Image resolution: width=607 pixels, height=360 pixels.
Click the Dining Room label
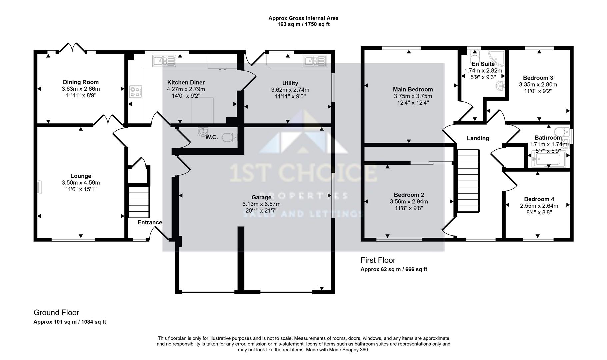[x=81, y=82]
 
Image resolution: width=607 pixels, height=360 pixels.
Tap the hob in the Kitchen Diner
[x=136, y=91]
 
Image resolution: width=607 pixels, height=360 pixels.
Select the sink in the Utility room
[x=314, y=61]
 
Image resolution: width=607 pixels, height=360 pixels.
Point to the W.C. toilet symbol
[x=230, y=137]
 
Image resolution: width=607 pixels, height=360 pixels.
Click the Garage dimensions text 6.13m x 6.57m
[x=261, y=204]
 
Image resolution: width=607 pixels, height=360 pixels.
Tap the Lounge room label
[x=81, y=176]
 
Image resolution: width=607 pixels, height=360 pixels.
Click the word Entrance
[x=150, y=222]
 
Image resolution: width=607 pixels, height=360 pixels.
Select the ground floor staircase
[x=138, y=202]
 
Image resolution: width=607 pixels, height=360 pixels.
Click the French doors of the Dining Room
[x=73, y=48]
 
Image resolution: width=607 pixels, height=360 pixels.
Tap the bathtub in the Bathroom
[x=547, y=159]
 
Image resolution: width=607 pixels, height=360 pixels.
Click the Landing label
[x=478, y=138]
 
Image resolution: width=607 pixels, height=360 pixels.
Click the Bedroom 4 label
[x=539, y=199]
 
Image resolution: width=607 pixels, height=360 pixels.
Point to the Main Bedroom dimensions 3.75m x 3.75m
[x=413, y=96]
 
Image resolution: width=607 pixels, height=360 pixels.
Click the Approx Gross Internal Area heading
[x=303, y=18]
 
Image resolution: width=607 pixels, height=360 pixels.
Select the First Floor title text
[x=378, y=260]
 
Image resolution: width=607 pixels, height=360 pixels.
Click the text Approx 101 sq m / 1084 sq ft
[x=70, y=322]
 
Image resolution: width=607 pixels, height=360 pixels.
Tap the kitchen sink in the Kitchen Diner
[x=164, y=61]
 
